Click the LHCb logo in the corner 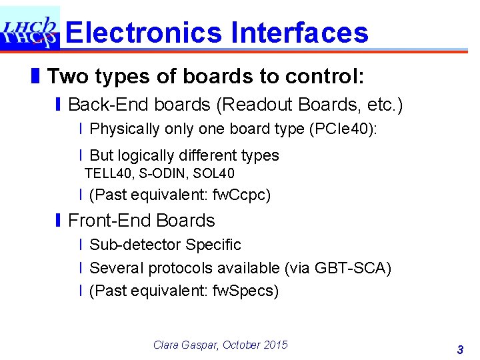tap(29, 28)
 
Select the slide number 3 tap(460, 349)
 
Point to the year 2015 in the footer tap(276, 345)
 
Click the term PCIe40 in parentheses tap(343, 129)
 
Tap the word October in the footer tap(242, 345)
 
